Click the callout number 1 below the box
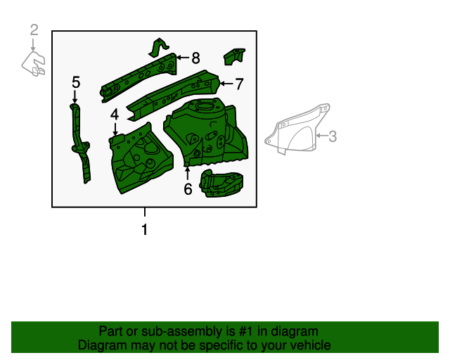(145, 230)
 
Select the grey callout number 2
(34, 30)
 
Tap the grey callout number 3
(333, 136)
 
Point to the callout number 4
(114, 115)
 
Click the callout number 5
(76, 83)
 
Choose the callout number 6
(188, 188)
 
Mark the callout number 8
(195, 58)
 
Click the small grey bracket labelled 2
(33, 63)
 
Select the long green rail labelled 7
(176, 91)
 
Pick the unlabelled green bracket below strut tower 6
(221, 185)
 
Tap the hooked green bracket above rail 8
(159, 48)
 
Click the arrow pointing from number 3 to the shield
(321, 135)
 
